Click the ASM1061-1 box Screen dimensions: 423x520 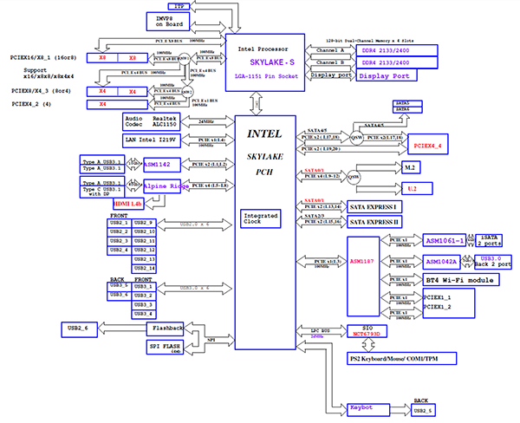tap(445, 240)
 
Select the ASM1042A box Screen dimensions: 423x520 tap(445, 261)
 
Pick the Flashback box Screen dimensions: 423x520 tap(167, 329)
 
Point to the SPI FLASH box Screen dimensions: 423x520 tap(167, 347)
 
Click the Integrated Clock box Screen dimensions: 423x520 tap(261, 218)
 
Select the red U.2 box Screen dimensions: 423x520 tap(412, 186)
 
